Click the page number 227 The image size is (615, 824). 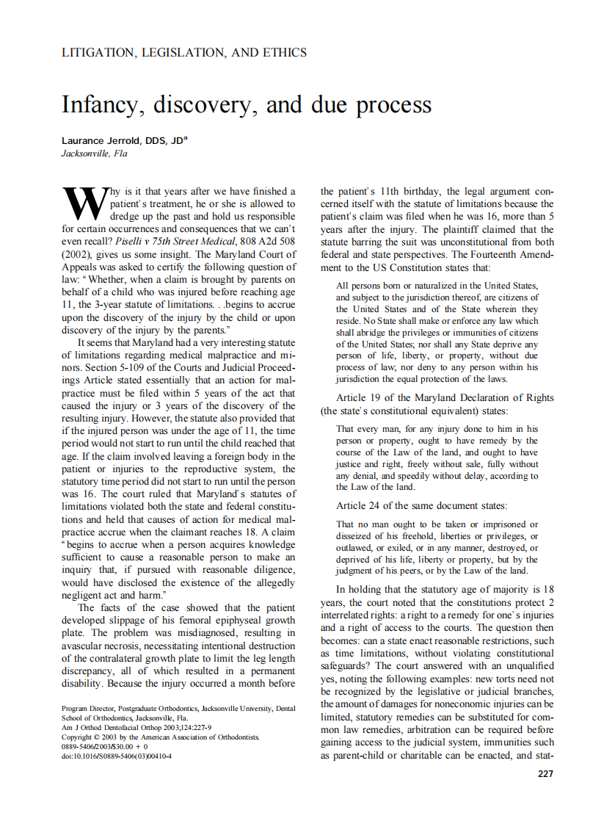point(545,773)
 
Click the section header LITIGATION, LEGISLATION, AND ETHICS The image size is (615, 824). point(184,53)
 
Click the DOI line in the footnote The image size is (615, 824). point(117,756)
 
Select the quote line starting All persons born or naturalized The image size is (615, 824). point(437,285)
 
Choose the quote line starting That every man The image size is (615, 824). point(437,428)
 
